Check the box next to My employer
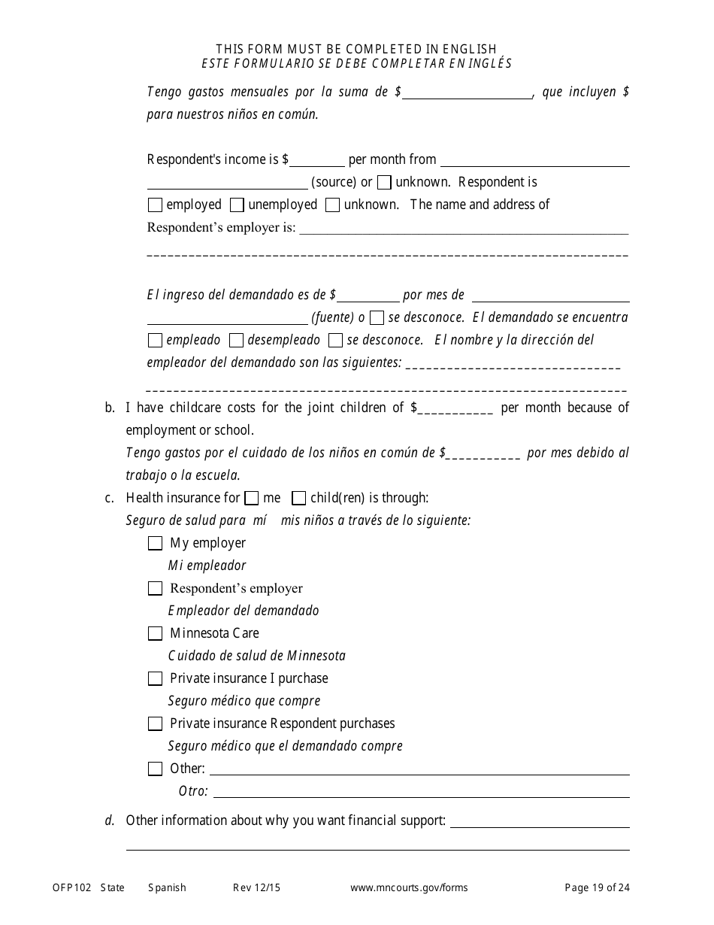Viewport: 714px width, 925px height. pyautogui.click(x=155, y=543)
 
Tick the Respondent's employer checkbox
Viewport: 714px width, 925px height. pyautogui.click(x=155, y=588)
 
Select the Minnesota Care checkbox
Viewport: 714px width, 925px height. pyautogui.click(x=155, y=633)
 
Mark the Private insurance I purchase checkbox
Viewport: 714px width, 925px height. pyautogui.click(x=155, y=678)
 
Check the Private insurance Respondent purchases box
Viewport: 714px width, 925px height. pyautogui.click(x=155, y=723)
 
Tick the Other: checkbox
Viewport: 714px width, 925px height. pyautogui.click(x=155, y=769)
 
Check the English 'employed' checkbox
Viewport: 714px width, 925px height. pyautogui.click(x=155, y=205)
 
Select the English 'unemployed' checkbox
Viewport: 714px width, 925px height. pyautogui.click(x=237, y=205)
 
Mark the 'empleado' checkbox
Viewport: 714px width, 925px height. pyautogui.click(x=155, y=340)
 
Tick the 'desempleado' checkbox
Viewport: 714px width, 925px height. pyautogui.click(x=236, y=340)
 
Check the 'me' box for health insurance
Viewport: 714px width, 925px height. pyautogui.click(x=253, y=498)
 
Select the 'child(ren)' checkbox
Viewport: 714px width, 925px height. pyautogui.click(x=298, y=498)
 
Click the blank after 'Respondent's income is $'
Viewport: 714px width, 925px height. pyautogui.click(x=316, y=160)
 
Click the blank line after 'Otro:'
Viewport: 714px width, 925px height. pyautogui.click(x=421, y=791)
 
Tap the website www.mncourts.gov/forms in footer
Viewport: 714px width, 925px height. pyautogui.click(x=409, y=887)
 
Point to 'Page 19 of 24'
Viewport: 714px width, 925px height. pyautogui.click(x=598, y=887)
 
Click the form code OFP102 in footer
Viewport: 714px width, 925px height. pyautogui.click(x=71, y=887)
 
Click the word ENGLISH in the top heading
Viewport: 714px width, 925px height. pyautogui.click(x=469, y=50)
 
